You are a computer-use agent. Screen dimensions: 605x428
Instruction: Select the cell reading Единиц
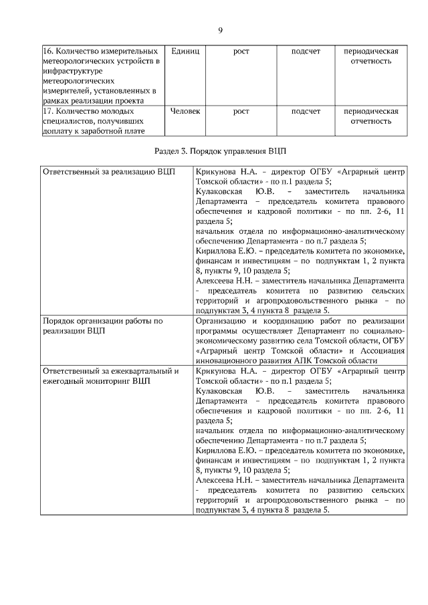(x=185, y=51)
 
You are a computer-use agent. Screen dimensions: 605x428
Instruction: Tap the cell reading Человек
(x=185, y=111)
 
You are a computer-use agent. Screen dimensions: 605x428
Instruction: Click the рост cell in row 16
(x=241, y=51)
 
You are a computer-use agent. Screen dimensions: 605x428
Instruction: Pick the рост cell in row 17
(x=241, y=111)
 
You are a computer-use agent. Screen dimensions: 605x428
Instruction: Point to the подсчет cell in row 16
(x=306, y=51)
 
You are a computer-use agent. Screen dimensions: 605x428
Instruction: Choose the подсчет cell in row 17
(x=306, y=111)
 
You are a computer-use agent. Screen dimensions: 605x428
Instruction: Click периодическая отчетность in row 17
(x=370, y=116)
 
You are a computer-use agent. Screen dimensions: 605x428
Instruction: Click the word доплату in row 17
(x=58, y=131)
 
